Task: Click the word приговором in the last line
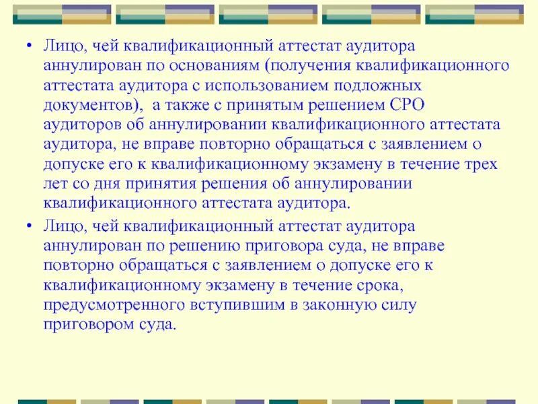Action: coord(83,325)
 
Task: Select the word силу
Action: coord(399,305)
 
